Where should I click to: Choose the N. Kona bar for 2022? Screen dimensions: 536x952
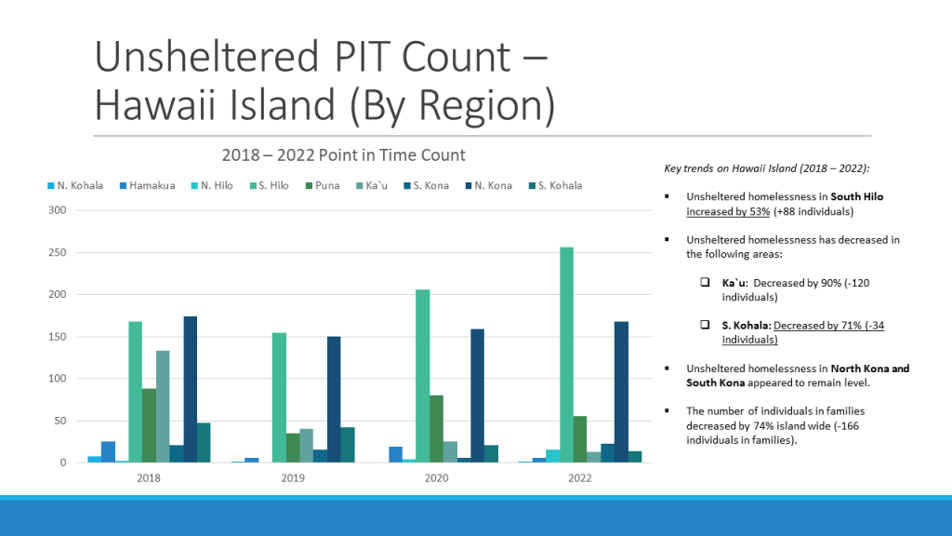tap(621, 392)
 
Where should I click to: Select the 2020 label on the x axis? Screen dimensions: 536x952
tap(436, 477)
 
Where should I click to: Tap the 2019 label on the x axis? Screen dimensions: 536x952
tap(293, 477)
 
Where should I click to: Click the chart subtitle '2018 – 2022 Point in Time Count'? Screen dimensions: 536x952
tap(343, 154)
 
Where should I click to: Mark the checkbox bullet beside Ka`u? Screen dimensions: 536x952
tap(705, 282)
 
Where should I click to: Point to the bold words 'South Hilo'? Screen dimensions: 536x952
tap(857, 197)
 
